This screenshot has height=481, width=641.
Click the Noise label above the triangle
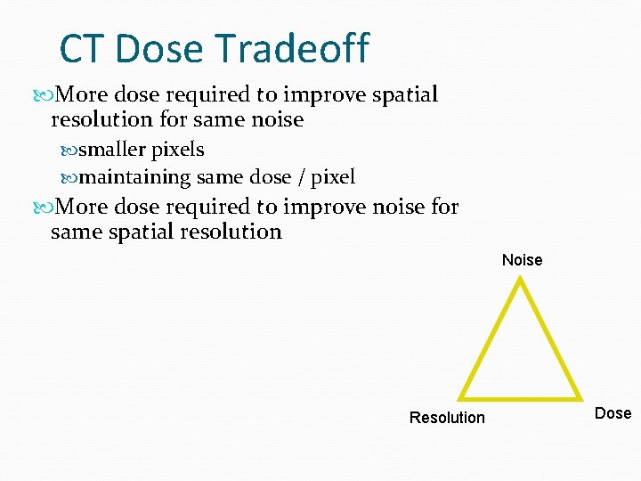point(522,260)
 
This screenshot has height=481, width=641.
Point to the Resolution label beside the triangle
point(447,418)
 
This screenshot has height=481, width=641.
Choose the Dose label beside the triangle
point(613,413)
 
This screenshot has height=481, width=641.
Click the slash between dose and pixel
point(301,177)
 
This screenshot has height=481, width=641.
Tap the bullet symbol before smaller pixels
point(70,150)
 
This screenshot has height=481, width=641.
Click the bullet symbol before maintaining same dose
point(70,177)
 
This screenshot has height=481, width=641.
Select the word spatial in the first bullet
point(406,95)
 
